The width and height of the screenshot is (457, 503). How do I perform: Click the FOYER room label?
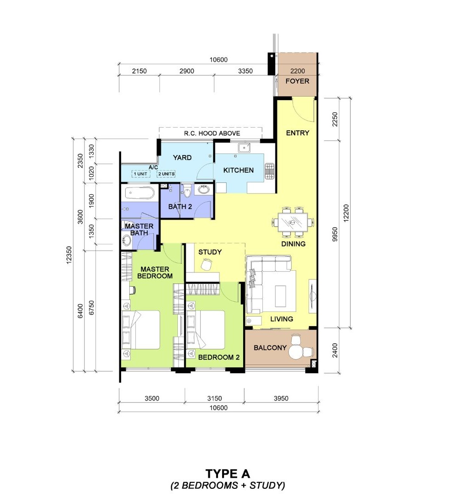coord(298,81)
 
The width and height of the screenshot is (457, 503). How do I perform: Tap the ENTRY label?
coord(298,133)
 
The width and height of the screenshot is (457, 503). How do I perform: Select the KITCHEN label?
coord(238,171)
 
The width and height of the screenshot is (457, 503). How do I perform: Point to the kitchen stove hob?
coord(269,171)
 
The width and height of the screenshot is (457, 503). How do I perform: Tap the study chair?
coord(206,265)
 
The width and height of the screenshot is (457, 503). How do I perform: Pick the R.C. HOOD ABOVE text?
coord(212,134)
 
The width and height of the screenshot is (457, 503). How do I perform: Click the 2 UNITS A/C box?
coord(166,174)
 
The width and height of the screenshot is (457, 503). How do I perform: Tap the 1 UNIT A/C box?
coord(141,174)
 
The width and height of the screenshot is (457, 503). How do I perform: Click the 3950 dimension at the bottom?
coord(281,398)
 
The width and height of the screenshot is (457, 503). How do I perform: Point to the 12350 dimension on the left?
coord(69,255)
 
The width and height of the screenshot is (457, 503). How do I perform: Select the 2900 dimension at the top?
coord(186,71)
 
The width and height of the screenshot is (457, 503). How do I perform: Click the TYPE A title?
coord(228,474)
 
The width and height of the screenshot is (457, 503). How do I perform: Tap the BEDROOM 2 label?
coord(219,358)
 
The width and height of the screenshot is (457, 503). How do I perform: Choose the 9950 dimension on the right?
coord(335,234)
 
